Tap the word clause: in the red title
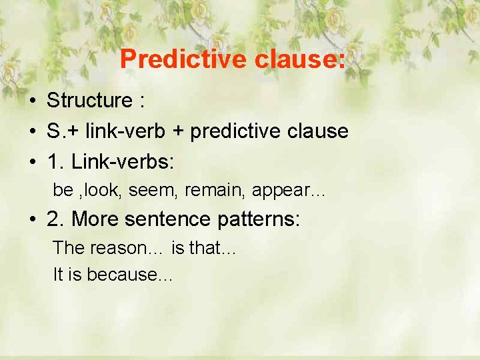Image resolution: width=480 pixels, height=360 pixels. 300,59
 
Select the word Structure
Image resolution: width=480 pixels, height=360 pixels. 89,101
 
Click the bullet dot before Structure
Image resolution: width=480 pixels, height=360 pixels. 32,101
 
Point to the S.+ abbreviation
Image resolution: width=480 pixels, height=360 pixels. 59,131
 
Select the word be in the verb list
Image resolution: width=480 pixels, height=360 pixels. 63,190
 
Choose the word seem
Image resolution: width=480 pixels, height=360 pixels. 152,190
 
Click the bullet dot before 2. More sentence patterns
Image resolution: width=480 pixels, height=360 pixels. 32,219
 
